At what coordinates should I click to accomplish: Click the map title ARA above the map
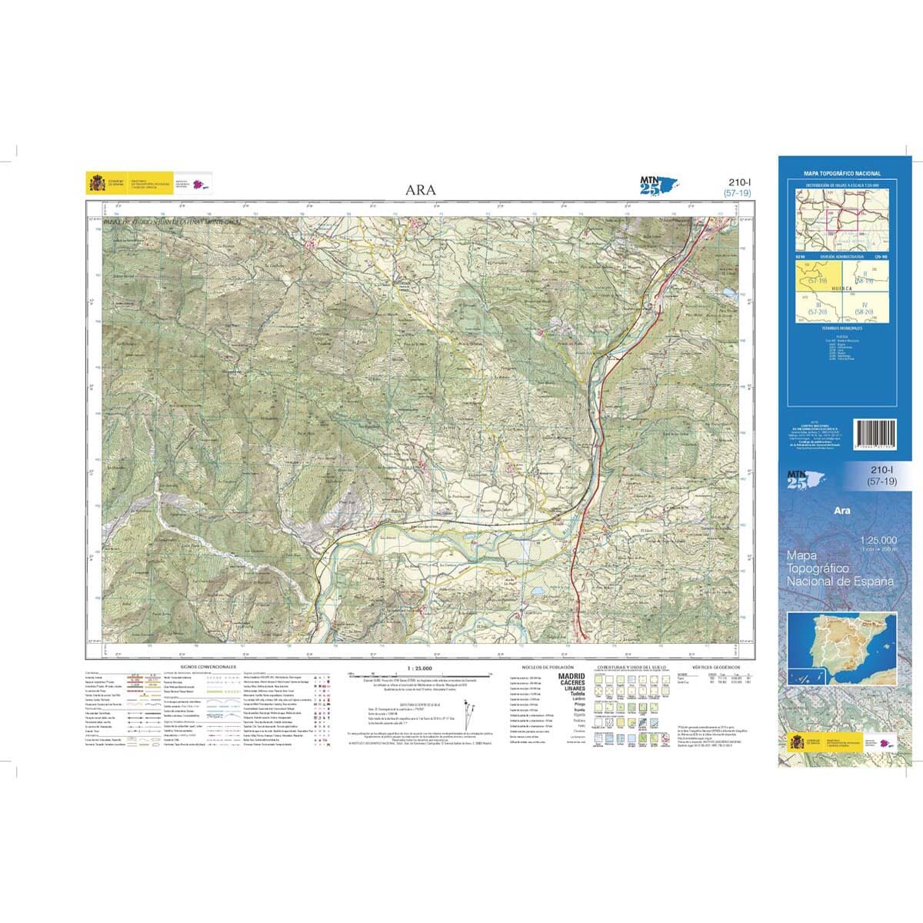tap(422, 190)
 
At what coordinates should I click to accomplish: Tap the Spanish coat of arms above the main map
tap(98, 184)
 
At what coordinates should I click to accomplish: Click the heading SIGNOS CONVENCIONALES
tap(208, 667)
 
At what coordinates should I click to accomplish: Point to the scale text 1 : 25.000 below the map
tap(419, 667)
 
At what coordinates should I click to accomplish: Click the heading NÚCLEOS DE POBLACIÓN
tap(548, 667)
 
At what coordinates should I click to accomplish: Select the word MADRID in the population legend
tap(571, 676)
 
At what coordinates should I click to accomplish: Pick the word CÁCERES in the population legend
tap(571, 682)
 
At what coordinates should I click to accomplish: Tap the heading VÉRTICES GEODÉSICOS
tap(715, 667)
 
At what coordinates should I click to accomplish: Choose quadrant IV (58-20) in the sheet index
tap(865, 308)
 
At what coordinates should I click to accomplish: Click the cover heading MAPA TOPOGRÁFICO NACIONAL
tap(842, 174)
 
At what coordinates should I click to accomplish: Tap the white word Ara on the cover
tap(842, 509)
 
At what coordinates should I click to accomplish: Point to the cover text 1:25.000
tap(878, 540)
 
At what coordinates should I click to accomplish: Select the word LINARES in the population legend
tap(573, 688)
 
